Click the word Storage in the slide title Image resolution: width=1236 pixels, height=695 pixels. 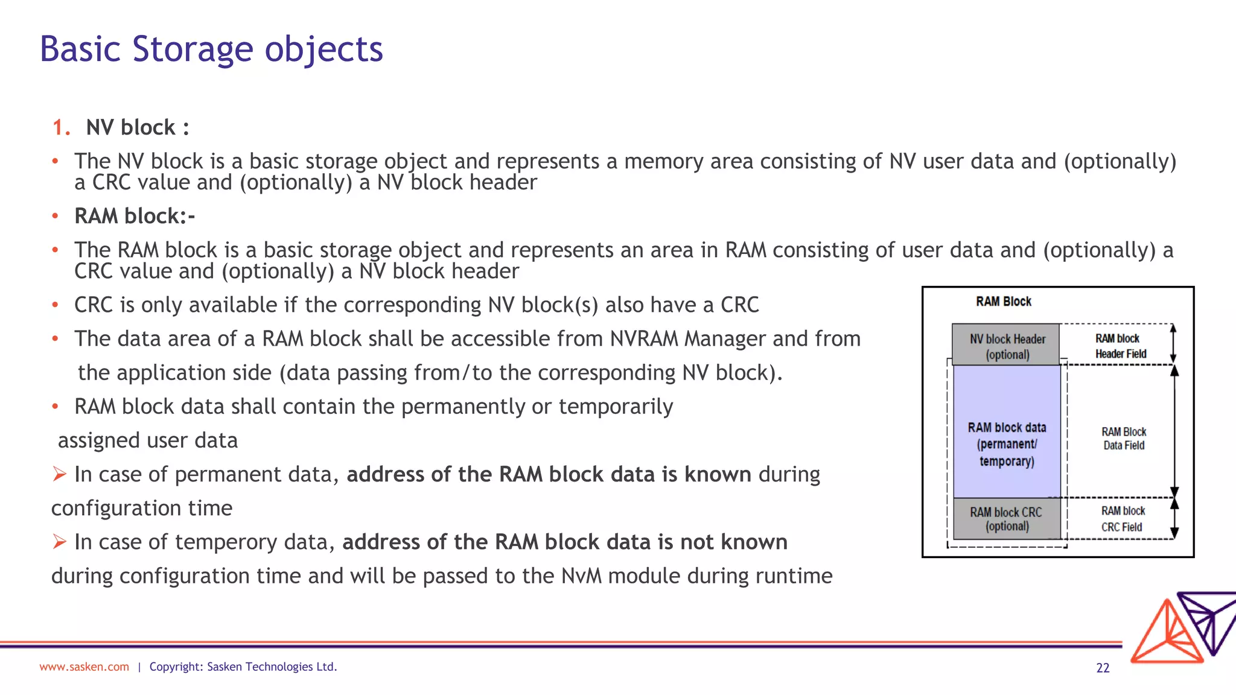[193, 49]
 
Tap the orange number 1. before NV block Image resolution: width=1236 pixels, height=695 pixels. [62, 128]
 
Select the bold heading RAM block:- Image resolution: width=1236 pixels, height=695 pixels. [135, 216]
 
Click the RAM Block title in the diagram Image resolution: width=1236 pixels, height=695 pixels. [1004, 302]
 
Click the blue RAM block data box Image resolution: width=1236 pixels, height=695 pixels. [1007, 444]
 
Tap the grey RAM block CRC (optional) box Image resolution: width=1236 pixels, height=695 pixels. [1007, 519]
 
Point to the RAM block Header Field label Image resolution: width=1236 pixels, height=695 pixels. [1120, 346]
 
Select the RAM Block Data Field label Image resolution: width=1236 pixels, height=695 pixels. [1123, 439]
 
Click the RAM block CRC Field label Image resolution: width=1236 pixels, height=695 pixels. [1122, 519]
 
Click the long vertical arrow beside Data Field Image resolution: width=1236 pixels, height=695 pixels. [1174, 431]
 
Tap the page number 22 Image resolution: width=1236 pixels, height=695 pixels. [1103, 668]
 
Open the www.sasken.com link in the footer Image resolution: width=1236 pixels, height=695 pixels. [84, 667]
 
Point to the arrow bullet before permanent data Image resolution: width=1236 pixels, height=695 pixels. [59, 475]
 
